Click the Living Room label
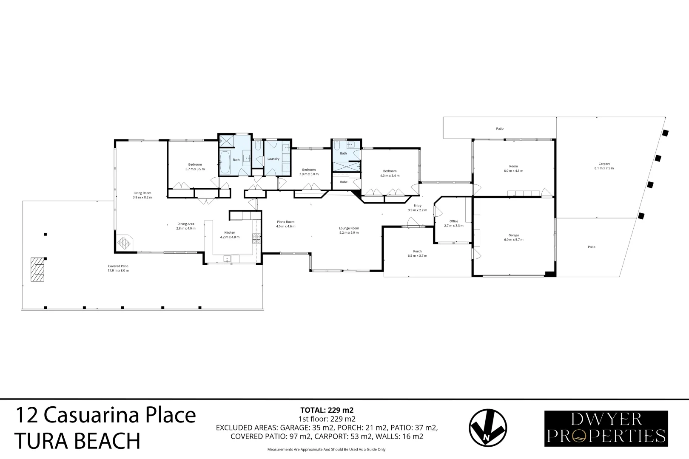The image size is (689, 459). tap(142, 193)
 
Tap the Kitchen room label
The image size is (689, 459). tap(230, 232)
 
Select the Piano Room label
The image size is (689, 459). tap(285, 222)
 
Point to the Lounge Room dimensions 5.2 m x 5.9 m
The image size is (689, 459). tap(349, 233)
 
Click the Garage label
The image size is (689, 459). tap(514, 235)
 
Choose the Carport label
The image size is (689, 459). tap(604, 164)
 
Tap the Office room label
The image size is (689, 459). tap(454, 221)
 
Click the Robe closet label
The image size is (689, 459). tap(344, 182)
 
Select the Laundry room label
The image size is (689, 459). tap(273, 159)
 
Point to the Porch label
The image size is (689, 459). tap(417, 251)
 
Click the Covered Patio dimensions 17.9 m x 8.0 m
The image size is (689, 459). tap(118, 271)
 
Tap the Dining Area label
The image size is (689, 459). tap(186, 224)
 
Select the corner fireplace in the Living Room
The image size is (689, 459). tap(125, 243)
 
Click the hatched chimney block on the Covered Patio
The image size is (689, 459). tap(37, 269)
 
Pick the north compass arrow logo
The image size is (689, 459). tap(487, 429)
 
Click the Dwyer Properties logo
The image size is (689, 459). tap(606, 428)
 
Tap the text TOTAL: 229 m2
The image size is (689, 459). tap(327, 410)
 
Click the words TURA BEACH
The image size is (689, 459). tap(77, 441)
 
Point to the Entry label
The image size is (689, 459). tap(417, 206)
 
